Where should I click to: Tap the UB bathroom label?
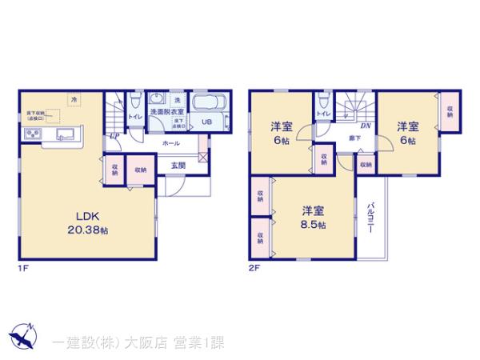click(x=206, y=122)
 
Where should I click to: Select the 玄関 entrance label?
click(x=178, y=165)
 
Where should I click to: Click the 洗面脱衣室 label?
click(x=167, y=112)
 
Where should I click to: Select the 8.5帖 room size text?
click(x=314, y=226)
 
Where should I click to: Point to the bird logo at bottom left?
click(x=22, y=336)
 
